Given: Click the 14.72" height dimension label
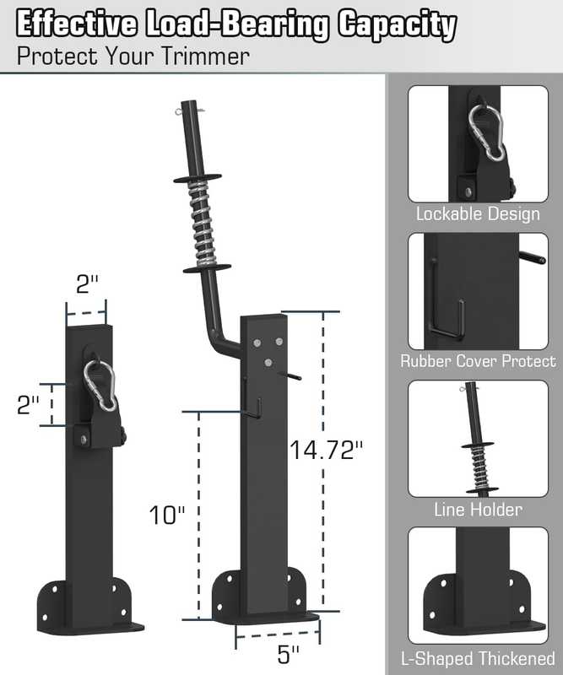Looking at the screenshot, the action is point(326,450).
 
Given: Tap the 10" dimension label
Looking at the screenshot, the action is point(167,515).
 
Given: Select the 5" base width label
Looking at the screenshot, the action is point(288,655).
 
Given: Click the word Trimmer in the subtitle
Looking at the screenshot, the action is point(205,56).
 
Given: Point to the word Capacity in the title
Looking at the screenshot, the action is point(397,25).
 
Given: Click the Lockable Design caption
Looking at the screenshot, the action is point(478,214).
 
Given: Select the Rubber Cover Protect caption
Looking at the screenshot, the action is point(478,361).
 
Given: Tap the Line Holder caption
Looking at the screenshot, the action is point(478,510).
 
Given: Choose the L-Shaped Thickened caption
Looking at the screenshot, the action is point(478,659).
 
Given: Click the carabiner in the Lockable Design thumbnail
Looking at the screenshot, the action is point(487,132).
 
